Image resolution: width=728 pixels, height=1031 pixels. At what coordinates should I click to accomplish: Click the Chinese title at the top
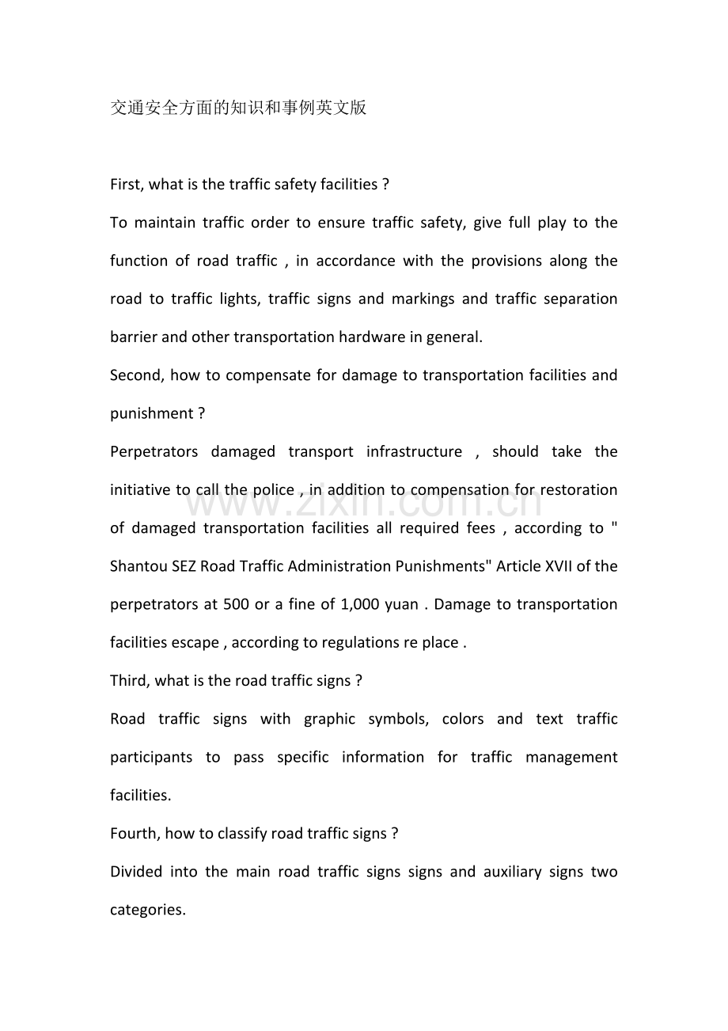click(x=238, y=108)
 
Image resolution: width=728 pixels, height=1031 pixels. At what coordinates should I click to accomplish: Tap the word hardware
click(x=371, y=337)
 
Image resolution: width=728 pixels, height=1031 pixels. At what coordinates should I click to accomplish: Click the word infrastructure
click(x=414, y=451)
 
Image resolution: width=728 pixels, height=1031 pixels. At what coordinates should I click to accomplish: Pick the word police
click(x=273, y=489)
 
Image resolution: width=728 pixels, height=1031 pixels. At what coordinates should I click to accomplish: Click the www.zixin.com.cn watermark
click(x=364, y=502)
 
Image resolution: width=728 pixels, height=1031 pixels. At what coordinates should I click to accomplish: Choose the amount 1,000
click(x=359, y=604)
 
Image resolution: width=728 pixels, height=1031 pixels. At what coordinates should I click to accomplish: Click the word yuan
click(x=401, y=604)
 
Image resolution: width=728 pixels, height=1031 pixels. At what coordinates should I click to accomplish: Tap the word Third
click(x=131, y=680)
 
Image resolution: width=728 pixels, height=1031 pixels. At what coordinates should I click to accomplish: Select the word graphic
click(x=329, y=719)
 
